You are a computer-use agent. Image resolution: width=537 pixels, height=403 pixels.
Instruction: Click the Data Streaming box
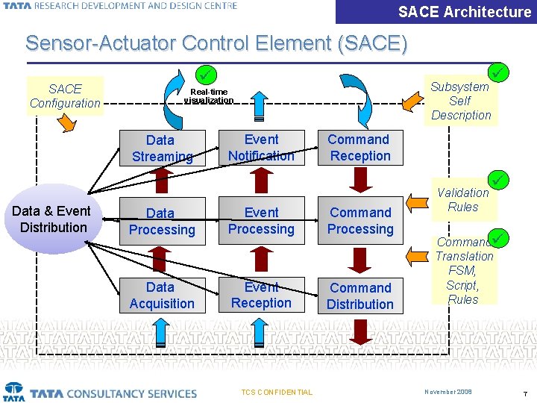point(162,148)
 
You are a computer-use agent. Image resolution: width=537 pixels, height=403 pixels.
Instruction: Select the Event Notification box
point(261,148)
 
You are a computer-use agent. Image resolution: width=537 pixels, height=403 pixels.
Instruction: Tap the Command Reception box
point(360,148)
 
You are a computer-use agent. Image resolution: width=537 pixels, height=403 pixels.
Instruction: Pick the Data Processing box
point(162,222)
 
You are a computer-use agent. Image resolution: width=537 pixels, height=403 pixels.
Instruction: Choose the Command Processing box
point(360,222)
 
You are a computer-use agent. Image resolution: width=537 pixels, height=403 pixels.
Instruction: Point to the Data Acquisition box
point(162,295)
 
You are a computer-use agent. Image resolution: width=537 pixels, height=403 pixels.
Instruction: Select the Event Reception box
point(261,295)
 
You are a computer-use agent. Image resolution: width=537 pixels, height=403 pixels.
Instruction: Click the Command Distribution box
point(360,296)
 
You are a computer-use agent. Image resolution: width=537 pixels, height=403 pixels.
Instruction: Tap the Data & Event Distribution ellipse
point(53,219)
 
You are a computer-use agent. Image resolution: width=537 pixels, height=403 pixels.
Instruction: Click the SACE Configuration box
point(65,96)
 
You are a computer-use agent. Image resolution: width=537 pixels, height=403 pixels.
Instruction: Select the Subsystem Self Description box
point(460,100)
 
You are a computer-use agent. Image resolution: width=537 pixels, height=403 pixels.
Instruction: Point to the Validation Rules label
point(463,199)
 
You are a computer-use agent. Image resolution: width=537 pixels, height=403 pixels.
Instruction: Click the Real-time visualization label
point(209,96)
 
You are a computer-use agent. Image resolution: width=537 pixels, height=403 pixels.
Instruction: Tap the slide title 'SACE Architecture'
point(464,12)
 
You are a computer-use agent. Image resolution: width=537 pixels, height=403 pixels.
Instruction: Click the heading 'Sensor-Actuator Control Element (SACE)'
point(216,43)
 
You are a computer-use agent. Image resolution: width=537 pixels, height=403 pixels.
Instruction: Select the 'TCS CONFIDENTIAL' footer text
point(277,392)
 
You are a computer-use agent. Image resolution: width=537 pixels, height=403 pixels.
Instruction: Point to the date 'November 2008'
point(448,392)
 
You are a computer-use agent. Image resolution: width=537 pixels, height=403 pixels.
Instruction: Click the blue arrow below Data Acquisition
point(162,332)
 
